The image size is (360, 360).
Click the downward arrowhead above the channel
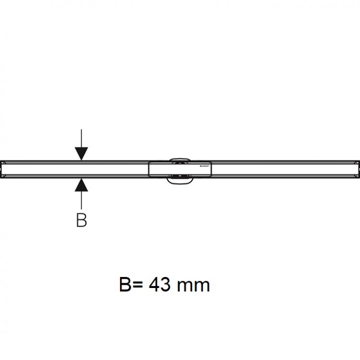[82, 154]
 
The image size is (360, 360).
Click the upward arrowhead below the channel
[82, 184]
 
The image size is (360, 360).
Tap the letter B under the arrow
[82, 220]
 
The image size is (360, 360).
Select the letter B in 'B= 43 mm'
[125, 285]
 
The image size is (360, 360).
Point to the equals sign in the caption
[138, 286]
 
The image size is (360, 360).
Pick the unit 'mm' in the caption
[194, 287]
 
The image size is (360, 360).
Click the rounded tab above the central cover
[180, 158]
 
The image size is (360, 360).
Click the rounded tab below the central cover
[180, 180]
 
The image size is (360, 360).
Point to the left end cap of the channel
[3, 168]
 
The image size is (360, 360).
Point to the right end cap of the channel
[357, 168]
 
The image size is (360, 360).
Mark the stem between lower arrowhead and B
[82, 199]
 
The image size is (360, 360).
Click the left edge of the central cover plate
[149, 168]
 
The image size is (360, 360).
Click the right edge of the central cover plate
[211, 168]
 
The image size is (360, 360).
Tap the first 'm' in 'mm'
[186, 287]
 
